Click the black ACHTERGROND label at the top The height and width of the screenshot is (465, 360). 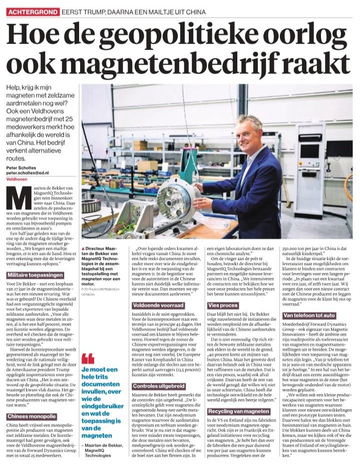coord(32,11)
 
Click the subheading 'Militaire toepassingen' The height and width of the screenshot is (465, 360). coord(35,275)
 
